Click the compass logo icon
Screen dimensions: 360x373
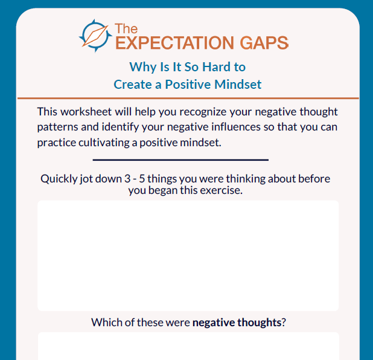pos(95,36)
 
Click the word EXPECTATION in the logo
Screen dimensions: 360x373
pos(165,42)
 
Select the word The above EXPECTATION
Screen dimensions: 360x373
pos(126,28)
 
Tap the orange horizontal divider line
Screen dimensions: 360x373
pos(188,98)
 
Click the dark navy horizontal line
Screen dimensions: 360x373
pos(180,160)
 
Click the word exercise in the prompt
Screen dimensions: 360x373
pos(220,190)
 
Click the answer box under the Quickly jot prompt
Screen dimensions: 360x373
pos(188,256)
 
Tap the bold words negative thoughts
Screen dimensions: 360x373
pos(237,322)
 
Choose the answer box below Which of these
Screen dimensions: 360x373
pos(188,347)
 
